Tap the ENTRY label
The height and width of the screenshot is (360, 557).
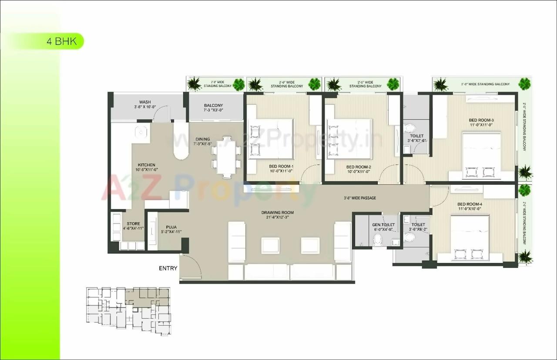tap(168, 268)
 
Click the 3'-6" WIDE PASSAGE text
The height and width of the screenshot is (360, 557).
tap(359, 198)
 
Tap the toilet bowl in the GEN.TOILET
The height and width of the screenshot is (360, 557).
tap(377, 239)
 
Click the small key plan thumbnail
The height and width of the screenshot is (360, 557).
tap(128, 311)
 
